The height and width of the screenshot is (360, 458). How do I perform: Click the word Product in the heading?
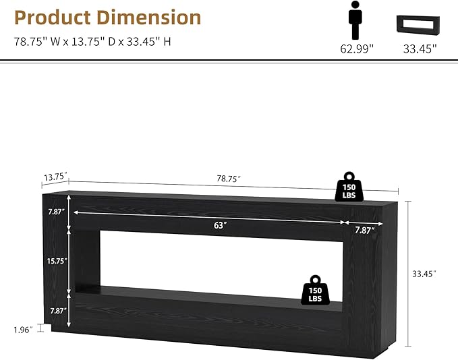(x=53, y=18)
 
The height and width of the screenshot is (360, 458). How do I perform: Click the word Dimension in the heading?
(x=148, y=18)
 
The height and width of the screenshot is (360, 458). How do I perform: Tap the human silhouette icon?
(x=355, y=20)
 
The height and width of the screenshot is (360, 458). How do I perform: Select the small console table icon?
(x=418, y=24)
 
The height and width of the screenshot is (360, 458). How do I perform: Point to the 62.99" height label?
(x=357, y=49)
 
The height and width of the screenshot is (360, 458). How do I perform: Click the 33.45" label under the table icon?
(x=420, y=49)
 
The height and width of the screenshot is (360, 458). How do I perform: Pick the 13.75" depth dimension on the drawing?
(x=55, y=177)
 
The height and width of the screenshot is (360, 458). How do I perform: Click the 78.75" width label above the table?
(x=229, y=179)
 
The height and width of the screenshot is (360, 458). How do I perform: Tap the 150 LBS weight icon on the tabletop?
(x=349, y=187)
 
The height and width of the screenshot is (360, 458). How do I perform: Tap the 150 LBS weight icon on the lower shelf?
(x=315, y=290)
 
